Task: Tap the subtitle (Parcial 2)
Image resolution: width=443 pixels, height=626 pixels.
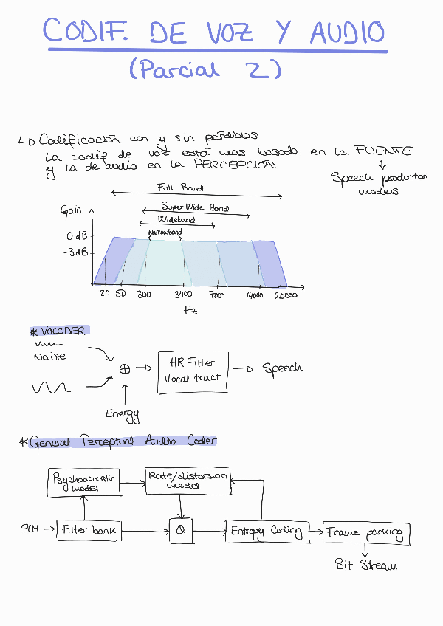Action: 205,69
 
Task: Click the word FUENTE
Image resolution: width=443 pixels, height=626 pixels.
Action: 383,151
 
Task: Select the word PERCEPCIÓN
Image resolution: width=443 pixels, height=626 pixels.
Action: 236,165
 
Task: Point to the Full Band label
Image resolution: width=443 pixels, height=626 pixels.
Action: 180,188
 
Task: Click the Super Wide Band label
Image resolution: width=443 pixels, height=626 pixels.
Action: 195,208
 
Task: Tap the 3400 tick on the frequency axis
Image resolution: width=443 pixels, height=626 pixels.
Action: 184,295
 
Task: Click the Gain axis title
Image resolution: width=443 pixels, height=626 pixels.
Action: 71,211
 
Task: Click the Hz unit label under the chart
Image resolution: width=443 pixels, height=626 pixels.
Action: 190,311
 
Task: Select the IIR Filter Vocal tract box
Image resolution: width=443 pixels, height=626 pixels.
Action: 192,370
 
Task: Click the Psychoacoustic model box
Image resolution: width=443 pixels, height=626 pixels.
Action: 84,482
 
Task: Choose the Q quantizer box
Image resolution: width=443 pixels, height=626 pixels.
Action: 181,530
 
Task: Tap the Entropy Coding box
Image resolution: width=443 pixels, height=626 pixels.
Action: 266,531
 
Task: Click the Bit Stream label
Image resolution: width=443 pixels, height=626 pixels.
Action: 365,565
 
